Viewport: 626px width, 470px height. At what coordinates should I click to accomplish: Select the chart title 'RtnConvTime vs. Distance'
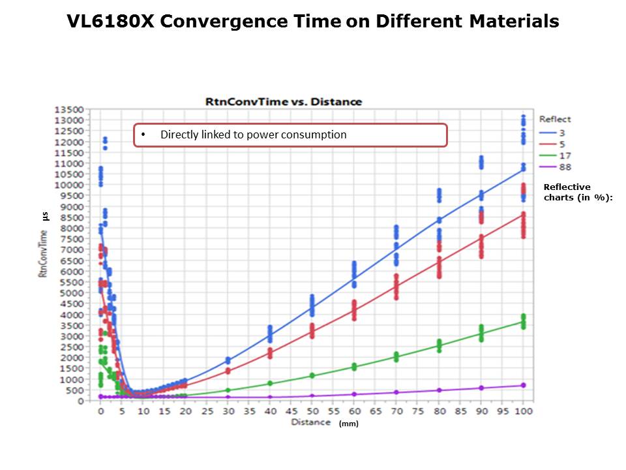[x=284, y=101]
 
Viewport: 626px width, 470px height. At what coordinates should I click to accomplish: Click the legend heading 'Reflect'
[x=555, y=119]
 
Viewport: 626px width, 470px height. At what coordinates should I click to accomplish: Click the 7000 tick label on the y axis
[x=72, y=250]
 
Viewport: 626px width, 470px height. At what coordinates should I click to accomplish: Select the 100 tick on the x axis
[x=522, y=412]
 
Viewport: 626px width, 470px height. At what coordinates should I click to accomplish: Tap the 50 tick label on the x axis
[x=312, y=412]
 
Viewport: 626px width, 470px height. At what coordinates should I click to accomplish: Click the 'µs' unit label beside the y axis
[x=45, y=215]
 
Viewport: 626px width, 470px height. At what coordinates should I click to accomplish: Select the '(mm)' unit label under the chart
[x=348, y=424]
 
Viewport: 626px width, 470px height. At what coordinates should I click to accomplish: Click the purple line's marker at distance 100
[x=523, y=385]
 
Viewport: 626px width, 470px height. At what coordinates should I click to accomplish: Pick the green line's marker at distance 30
[x=228, y=390]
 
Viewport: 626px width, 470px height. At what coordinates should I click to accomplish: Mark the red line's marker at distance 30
[x=228, y=371]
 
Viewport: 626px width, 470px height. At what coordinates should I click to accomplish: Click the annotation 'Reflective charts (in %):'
[x=576, y=192]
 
